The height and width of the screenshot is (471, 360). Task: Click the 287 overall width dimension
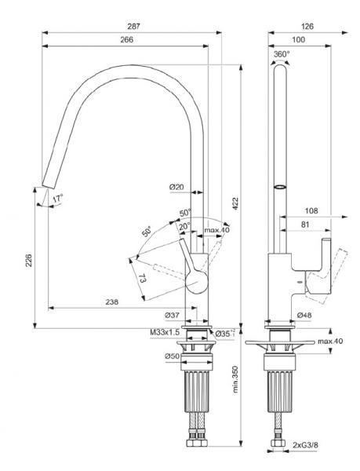tap(133, 27)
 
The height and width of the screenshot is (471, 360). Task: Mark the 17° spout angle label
tap(56, 199)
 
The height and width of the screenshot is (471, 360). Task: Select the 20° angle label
tap(185, 226)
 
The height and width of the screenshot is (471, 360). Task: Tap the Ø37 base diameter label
tap(174, 315)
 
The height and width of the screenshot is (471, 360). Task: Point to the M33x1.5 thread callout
tap(163, 333)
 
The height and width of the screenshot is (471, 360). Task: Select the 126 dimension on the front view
tap(307, 27)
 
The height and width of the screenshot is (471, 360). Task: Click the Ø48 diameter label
tap(305, 315)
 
